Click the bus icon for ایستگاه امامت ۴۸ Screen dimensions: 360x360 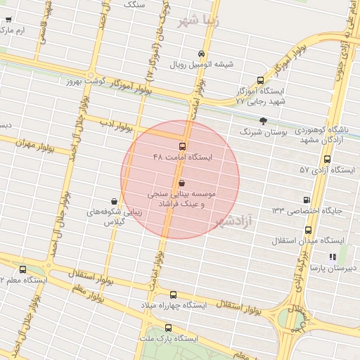coord(183,146)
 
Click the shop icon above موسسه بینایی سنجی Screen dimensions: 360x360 coord(182,183)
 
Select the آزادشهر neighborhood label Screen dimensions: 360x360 coord(231,222)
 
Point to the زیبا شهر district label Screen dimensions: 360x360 coord(199,20)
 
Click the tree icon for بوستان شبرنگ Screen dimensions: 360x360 coord(264,121)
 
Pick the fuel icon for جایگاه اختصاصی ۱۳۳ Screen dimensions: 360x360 coord(306,200)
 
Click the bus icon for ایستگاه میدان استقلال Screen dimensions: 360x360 coord(308,230)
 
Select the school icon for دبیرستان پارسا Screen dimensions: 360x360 coord(332,257)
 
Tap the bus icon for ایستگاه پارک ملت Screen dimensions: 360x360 coord(168,328)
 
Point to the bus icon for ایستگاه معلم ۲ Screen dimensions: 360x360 coord(23,269)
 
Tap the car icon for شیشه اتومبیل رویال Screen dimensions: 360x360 coord(202,53)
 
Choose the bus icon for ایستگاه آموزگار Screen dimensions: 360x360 coord(261,80)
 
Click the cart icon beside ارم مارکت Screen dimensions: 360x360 coord(8,31)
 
